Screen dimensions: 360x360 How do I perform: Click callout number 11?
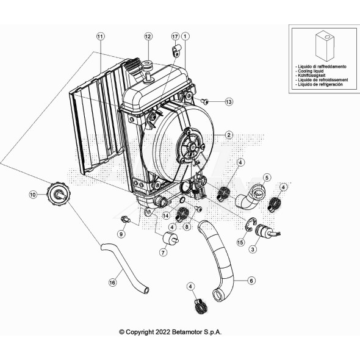[99, 37]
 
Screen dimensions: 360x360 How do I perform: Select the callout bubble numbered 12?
[147, 37]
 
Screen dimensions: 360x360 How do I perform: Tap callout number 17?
[175, 37]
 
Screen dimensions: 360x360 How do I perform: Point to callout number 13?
[229, 101]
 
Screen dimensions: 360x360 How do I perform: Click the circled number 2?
[229, 135]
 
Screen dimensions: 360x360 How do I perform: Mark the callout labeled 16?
[112, 283]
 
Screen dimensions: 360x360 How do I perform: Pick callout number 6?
[251, 281]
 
